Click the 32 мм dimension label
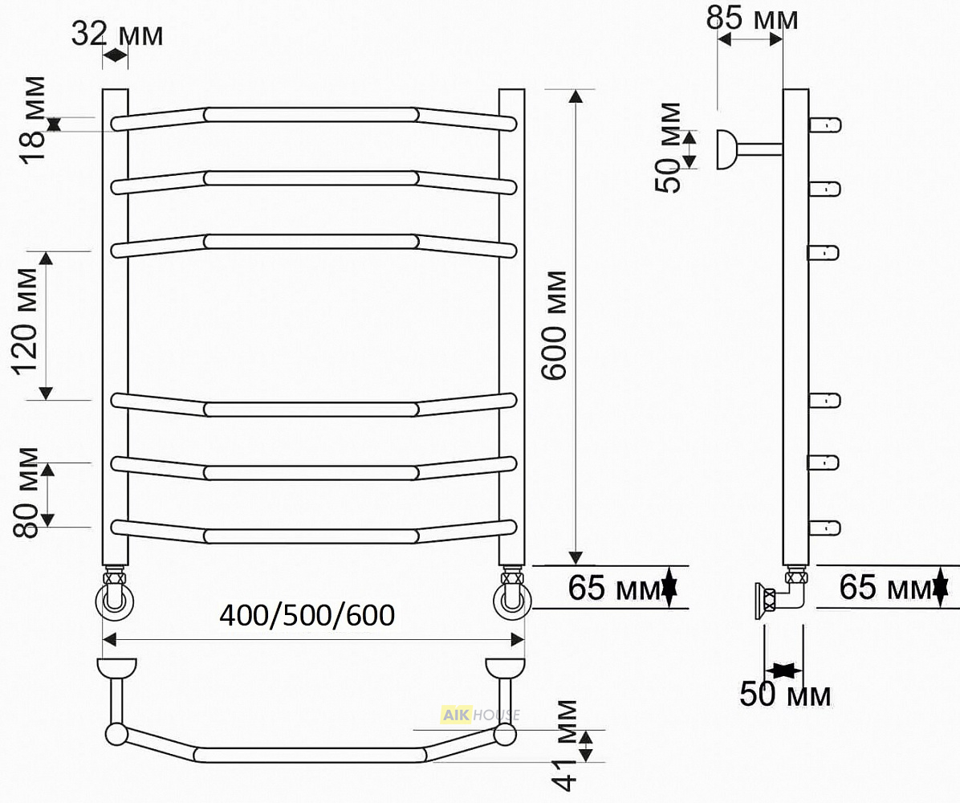point(117,34)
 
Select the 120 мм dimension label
point(25,321)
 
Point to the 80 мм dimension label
point(26,492)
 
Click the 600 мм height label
point(555,326)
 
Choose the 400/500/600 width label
point(307,615)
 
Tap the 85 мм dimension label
point(752,18)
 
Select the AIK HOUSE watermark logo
point(481,715)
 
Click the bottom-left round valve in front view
point(115,600)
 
